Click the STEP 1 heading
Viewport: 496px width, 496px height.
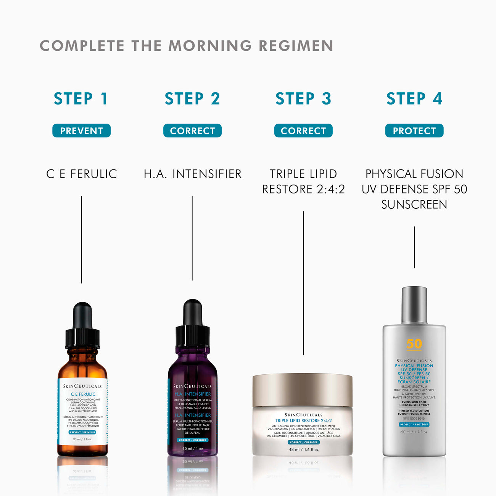coord(81,99)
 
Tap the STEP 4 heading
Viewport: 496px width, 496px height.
coord(414,99)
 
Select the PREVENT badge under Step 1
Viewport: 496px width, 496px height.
coord(81,131)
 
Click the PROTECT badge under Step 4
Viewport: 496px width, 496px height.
coord(414,131)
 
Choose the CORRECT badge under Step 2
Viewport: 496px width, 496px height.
coord(192,131)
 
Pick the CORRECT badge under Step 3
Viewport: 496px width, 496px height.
coord(303,131)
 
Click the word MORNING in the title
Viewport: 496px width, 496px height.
coord(210,46)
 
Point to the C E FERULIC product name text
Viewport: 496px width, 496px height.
coord(81,174)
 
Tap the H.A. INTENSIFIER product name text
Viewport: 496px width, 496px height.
coord(192,174)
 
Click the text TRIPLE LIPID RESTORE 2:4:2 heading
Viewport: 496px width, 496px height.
coord(303,182)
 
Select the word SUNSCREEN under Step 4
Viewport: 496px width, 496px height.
coord(414,205)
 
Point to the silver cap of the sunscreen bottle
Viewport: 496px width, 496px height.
coord(414,305)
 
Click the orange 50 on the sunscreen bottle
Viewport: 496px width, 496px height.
coord(414,344)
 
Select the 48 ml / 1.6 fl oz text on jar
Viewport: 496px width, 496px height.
coord(304,449)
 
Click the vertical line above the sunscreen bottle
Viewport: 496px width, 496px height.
coord(414,247)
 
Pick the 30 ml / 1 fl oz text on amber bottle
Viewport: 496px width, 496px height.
coord(82,439)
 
